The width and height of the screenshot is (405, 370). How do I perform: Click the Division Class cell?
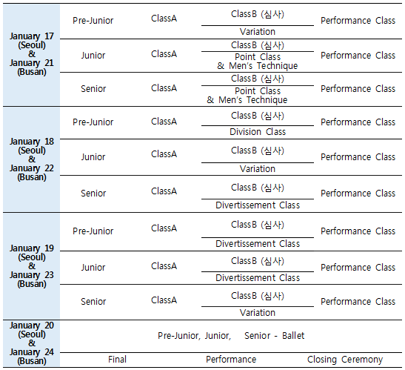[258, 132]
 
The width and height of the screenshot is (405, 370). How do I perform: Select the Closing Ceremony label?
[345, 360]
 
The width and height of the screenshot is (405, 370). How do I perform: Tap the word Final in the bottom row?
[117, 359]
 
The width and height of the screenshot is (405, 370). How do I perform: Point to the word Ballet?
[293, 336]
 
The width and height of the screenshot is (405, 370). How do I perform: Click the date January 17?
[32, 36]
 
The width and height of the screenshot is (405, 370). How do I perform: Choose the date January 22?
[32, 168]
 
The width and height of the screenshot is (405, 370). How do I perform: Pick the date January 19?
[32, 248]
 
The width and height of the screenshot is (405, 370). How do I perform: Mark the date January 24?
[32, 352]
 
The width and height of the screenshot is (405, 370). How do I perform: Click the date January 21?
[32, 63]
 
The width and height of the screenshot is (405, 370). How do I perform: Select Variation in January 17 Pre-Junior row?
[258, 32]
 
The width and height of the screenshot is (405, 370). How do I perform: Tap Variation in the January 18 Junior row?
[258, 169]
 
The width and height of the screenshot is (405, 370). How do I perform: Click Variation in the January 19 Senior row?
[258, 313]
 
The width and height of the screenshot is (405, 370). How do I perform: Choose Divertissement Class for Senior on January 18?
[258, 205]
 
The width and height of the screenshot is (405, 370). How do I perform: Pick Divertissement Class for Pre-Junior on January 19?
[258, 244]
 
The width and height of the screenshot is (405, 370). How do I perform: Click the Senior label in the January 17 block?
[93, 89]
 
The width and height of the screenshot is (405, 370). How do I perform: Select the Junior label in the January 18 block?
[93, 156]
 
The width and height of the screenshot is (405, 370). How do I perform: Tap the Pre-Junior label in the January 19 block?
[93, 231]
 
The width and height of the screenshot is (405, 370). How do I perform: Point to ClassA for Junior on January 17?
[164, 54]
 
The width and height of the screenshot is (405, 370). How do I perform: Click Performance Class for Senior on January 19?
[358, 302]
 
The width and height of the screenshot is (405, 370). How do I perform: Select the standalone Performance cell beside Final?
[231, 360]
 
